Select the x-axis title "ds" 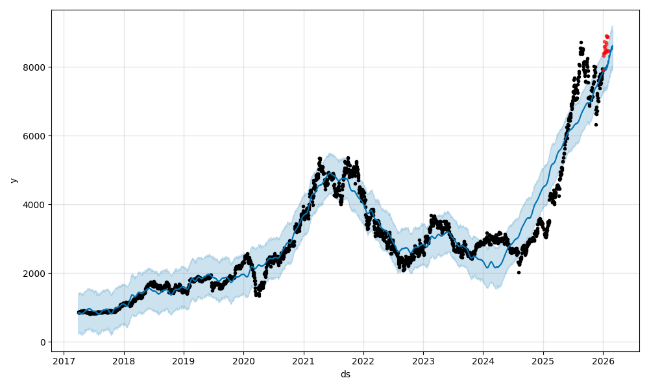click(x=345, y=374)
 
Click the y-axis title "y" click(x=14, y=180)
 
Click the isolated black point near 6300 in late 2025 click(x=596, y=124)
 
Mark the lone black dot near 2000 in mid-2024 click(x=519, y=272)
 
